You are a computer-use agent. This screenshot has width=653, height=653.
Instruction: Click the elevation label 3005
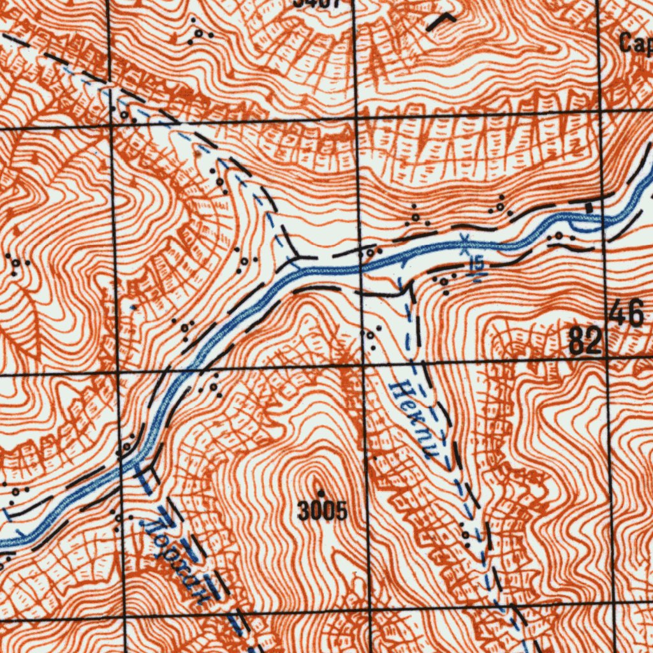click(323, 511)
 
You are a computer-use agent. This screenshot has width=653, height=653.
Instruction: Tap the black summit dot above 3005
click(321, 493)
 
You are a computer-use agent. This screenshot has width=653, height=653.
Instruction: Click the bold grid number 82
click(585, 342)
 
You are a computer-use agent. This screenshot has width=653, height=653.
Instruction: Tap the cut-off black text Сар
click(635, 43)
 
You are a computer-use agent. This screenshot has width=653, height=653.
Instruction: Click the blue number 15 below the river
click(476, 263)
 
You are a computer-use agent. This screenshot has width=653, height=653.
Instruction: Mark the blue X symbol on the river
click(465, 240)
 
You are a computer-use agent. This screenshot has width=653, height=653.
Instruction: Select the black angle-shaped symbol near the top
click(441, 21)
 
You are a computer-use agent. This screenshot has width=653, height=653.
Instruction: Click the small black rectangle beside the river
click(589, 207)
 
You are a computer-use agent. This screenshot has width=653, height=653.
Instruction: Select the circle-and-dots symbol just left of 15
click(444, 280)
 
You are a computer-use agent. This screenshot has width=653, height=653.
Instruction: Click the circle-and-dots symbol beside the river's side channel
click(559, 237)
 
